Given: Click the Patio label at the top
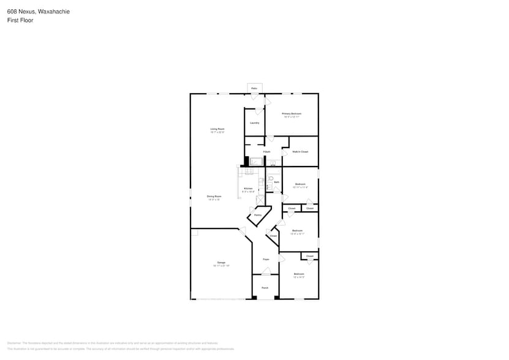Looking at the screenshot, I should [254, 88].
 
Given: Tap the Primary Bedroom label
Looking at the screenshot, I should [292, 114].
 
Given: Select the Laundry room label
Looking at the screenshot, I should [254, 122].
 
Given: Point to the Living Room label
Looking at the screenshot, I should [217, 129].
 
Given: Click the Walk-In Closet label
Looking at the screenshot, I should [300, 151].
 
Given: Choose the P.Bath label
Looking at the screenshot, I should [266, 151].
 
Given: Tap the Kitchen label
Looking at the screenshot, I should [248, 189].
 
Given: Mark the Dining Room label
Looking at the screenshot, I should [214, 197].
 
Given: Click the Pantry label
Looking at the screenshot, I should [258, 215].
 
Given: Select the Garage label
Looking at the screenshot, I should [221, 263].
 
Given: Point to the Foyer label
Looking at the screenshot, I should [266, 260].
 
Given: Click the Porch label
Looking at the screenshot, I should [265, 288].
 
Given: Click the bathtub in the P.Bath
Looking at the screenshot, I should [256, 162].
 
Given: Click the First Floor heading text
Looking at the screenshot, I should [20, 20].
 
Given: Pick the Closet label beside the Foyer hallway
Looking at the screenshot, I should [273, 236].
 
